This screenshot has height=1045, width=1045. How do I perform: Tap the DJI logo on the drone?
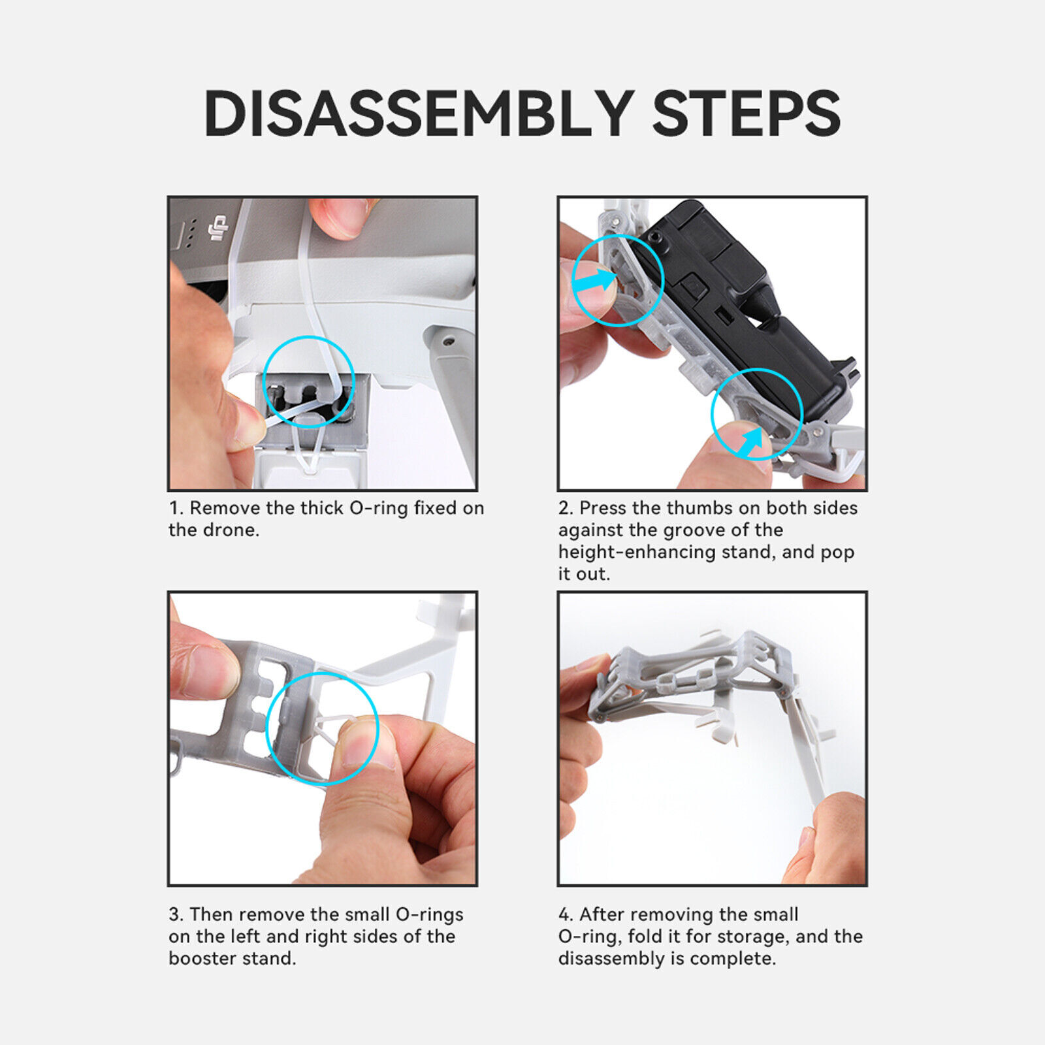218,228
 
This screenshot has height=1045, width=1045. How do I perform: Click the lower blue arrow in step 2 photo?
750,443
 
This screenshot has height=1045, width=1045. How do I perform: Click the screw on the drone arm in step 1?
447,342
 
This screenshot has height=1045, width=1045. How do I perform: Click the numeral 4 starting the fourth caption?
564,914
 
